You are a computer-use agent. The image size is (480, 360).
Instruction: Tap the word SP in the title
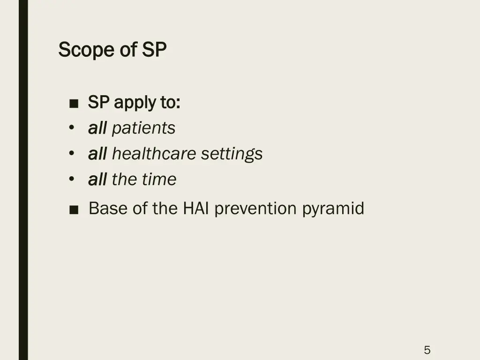(x=154, y=50)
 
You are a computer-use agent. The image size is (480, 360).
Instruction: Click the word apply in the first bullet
(x=134, y=103)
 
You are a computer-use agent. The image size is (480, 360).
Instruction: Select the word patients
(x=143, y=128)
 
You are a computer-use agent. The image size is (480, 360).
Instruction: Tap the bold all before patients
(x=97, y=128)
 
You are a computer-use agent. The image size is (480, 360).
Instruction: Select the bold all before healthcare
(x=97, y=154)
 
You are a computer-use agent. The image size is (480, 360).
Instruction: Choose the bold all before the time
(x=97, y=179)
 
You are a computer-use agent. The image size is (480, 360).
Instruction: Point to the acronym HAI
(x=196, y=208)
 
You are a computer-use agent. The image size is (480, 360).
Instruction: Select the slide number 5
(x=427, y=350)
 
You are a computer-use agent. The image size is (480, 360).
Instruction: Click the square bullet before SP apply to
(x=73, y=104)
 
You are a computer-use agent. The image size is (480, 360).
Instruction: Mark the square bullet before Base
(x=73, y=210)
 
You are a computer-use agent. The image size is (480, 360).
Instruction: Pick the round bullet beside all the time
(x=71, y=179)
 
